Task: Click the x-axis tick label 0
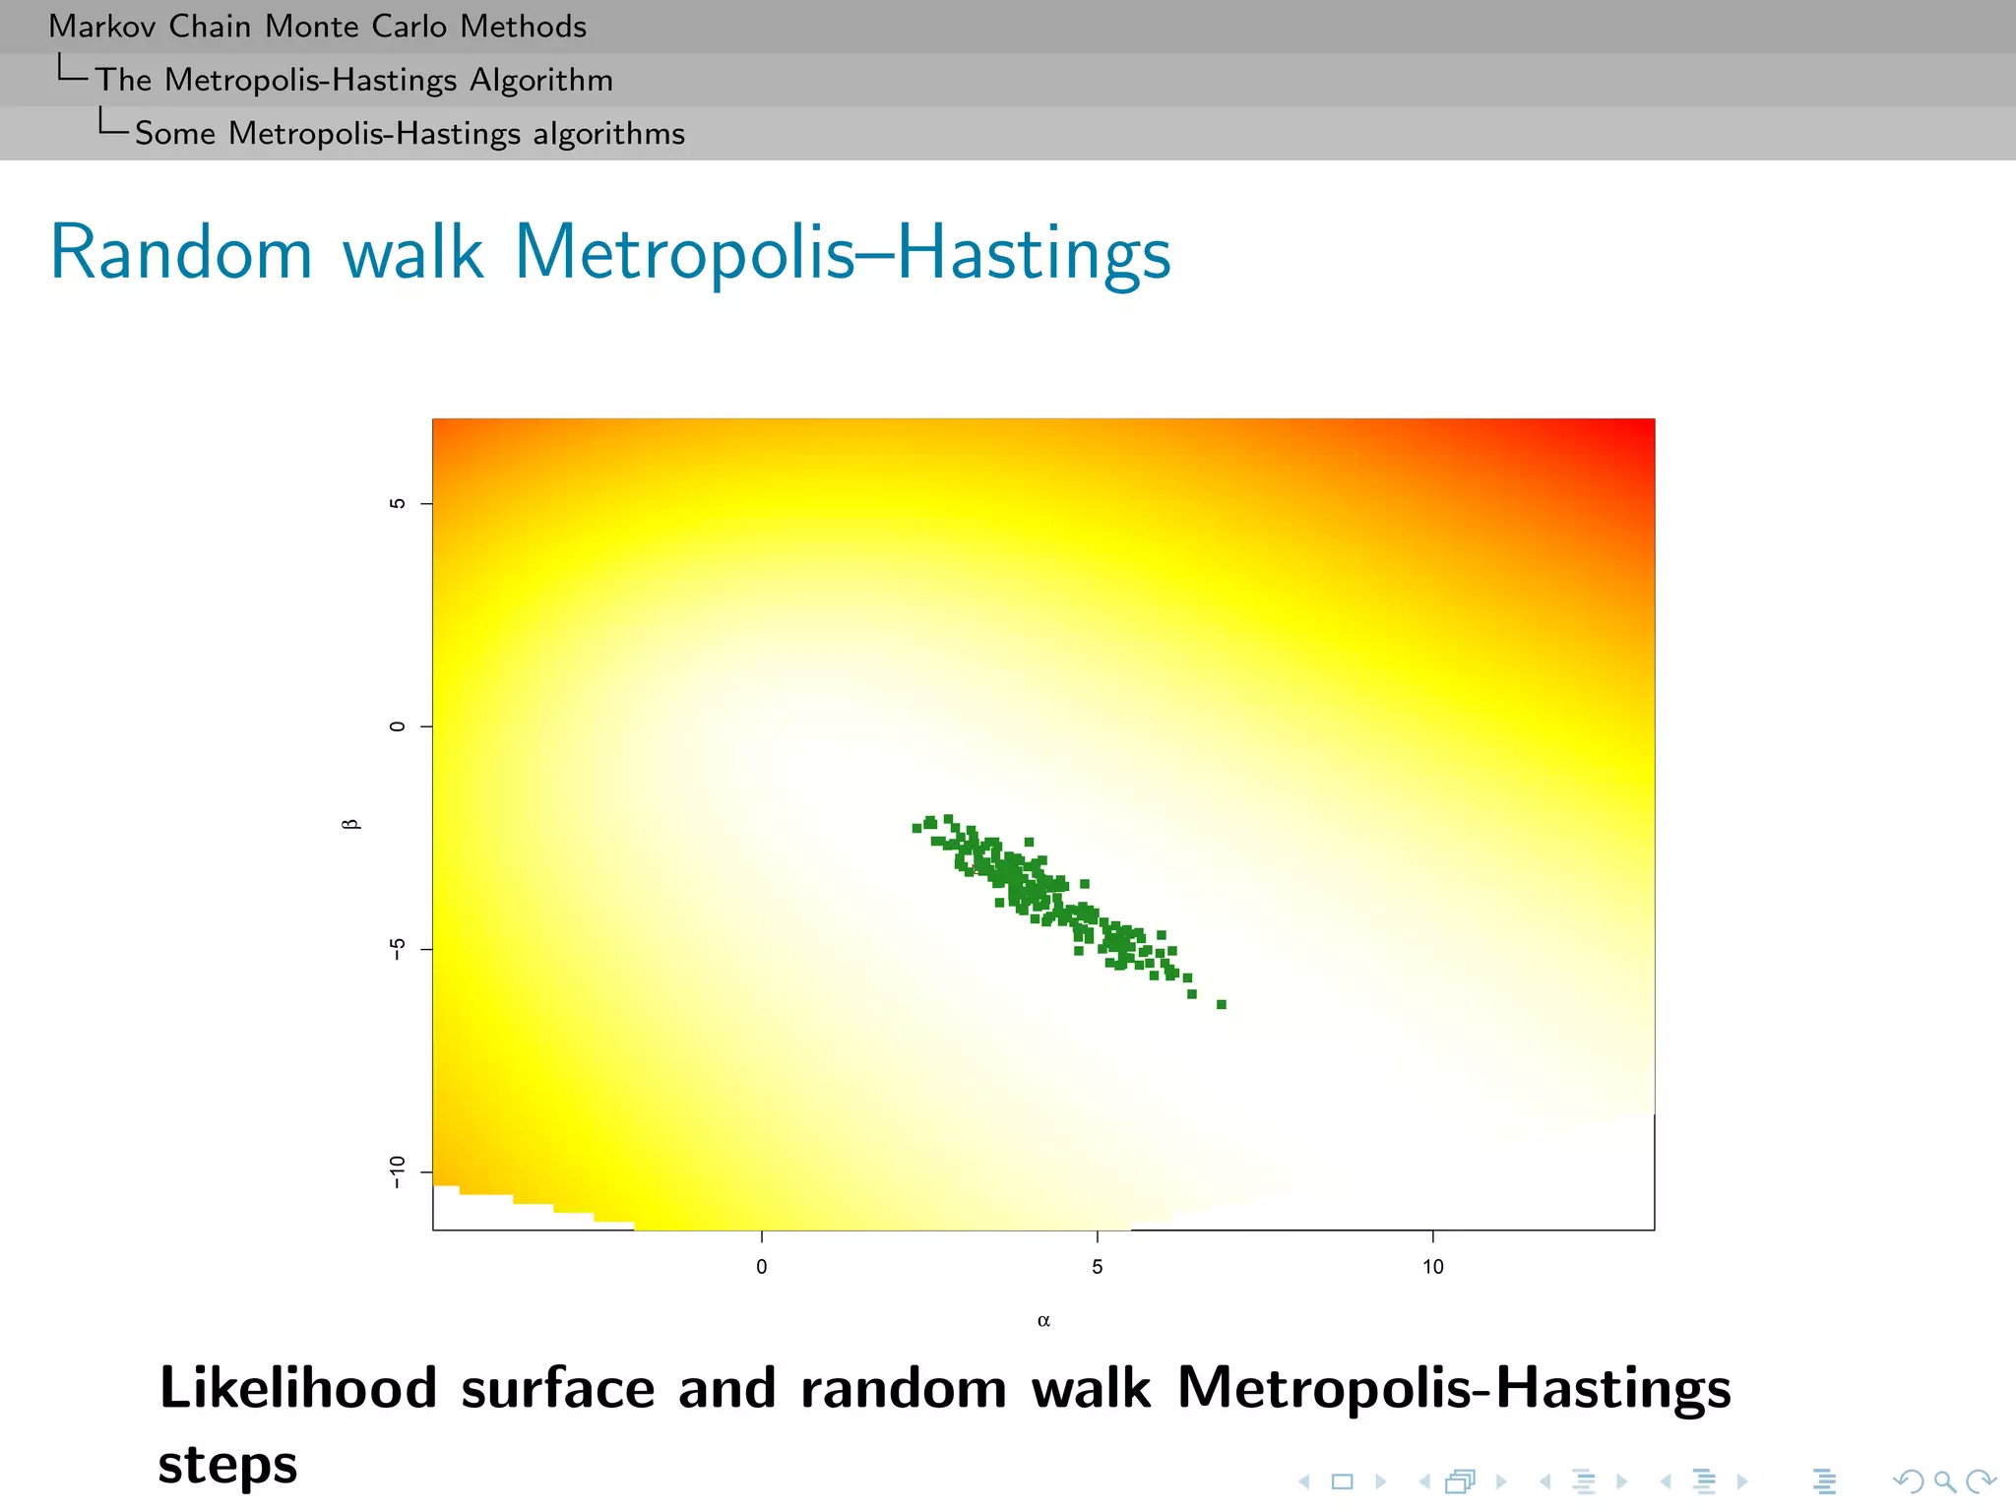[x=761, y=1267]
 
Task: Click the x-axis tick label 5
[x=1097, y=1267]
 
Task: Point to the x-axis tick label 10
[x=1432, y=1267]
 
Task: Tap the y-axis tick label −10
[x=397, y=1171]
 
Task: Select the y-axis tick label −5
[x=397, y=949]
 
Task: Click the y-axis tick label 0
[x=397, y=726]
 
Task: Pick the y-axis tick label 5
[x=397, y=504]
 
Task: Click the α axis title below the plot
[x=1043, y=1321]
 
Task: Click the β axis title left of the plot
[x=350, y=824]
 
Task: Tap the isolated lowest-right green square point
[x=1221, y=1004]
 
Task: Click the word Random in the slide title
[x=181, y=253]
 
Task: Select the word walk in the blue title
[x=412, y=253]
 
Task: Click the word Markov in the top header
[x=101, y=27]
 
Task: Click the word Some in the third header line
[x=174, y=133]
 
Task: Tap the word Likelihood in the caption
[x=297, y=1388]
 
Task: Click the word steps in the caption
[x=227, y=1465]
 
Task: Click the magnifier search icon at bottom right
[x=1944, y=1480]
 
